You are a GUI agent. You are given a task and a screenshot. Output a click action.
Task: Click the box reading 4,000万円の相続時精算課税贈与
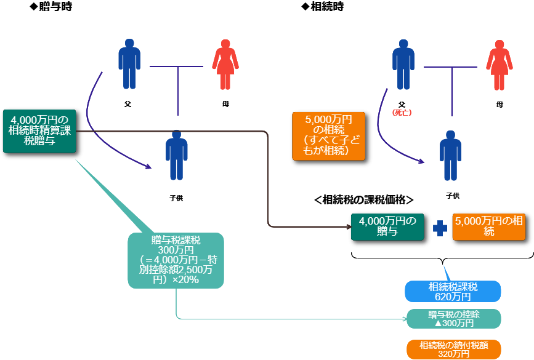pos(39,131)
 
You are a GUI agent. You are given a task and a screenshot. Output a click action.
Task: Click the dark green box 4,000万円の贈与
pos(387,226)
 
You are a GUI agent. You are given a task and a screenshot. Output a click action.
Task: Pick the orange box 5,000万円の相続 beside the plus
pos(488,226)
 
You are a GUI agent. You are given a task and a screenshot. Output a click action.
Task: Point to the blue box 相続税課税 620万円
pos(453,291)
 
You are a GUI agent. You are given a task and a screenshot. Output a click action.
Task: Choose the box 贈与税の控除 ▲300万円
pos(454,319)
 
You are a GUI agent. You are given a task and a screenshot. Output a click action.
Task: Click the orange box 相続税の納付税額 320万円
pos(454,350)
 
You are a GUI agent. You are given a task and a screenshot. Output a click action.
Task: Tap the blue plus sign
pos(440,228)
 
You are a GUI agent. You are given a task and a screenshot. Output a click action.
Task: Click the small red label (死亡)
pos(402,113)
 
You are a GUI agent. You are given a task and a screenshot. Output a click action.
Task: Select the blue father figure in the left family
pos(129,64)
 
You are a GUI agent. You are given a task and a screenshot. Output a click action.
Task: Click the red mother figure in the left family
pos(225,65)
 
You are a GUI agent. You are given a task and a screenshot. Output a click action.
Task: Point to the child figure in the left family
pos(177,155)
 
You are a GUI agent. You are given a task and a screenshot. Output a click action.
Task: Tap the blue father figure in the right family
pos(403,64)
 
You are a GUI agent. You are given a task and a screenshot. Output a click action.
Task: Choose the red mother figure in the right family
pos(499,65)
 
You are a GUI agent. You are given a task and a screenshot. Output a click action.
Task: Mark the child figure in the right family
pos(450,155)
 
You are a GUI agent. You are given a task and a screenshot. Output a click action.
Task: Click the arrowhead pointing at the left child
pos(148,166)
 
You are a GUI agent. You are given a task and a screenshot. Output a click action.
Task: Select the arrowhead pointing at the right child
pos(422,162)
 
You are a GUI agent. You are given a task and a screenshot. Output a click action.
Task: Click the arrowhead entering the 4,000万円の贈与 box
pos(348,226)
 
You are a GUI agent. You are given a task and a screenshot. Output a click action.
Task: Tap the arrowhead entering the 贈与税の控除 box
pos(403,319)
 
